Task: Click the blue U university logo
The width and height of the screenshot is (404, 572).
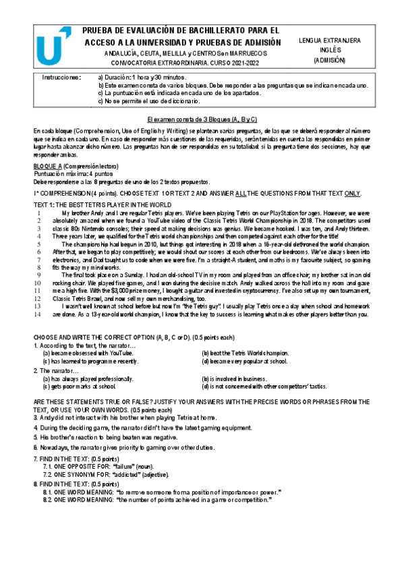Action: [x=52, y=48]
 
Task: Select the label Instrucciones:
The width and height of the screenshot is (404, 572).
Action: [x=61, y=78]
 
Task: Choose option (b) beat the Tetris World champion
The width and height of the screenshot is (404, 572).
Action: [x=246, y=353]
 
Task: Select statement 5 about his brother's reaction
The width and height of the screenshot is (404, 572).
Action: [x=108, y=437]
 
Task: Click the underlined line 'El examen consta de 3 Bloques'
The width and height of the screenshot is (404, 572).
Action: [x=202, y=119]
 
